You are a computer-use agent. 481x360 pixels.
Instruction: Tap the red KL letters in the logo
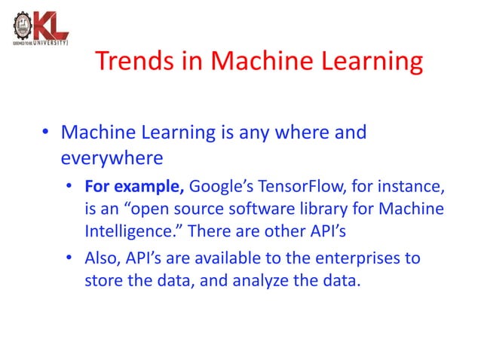point(53,26)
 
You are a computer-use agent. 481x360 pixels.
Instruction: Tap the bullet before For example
point(69,187)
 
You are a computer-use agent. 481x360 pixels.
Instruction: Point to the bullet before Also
point(69,259)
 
